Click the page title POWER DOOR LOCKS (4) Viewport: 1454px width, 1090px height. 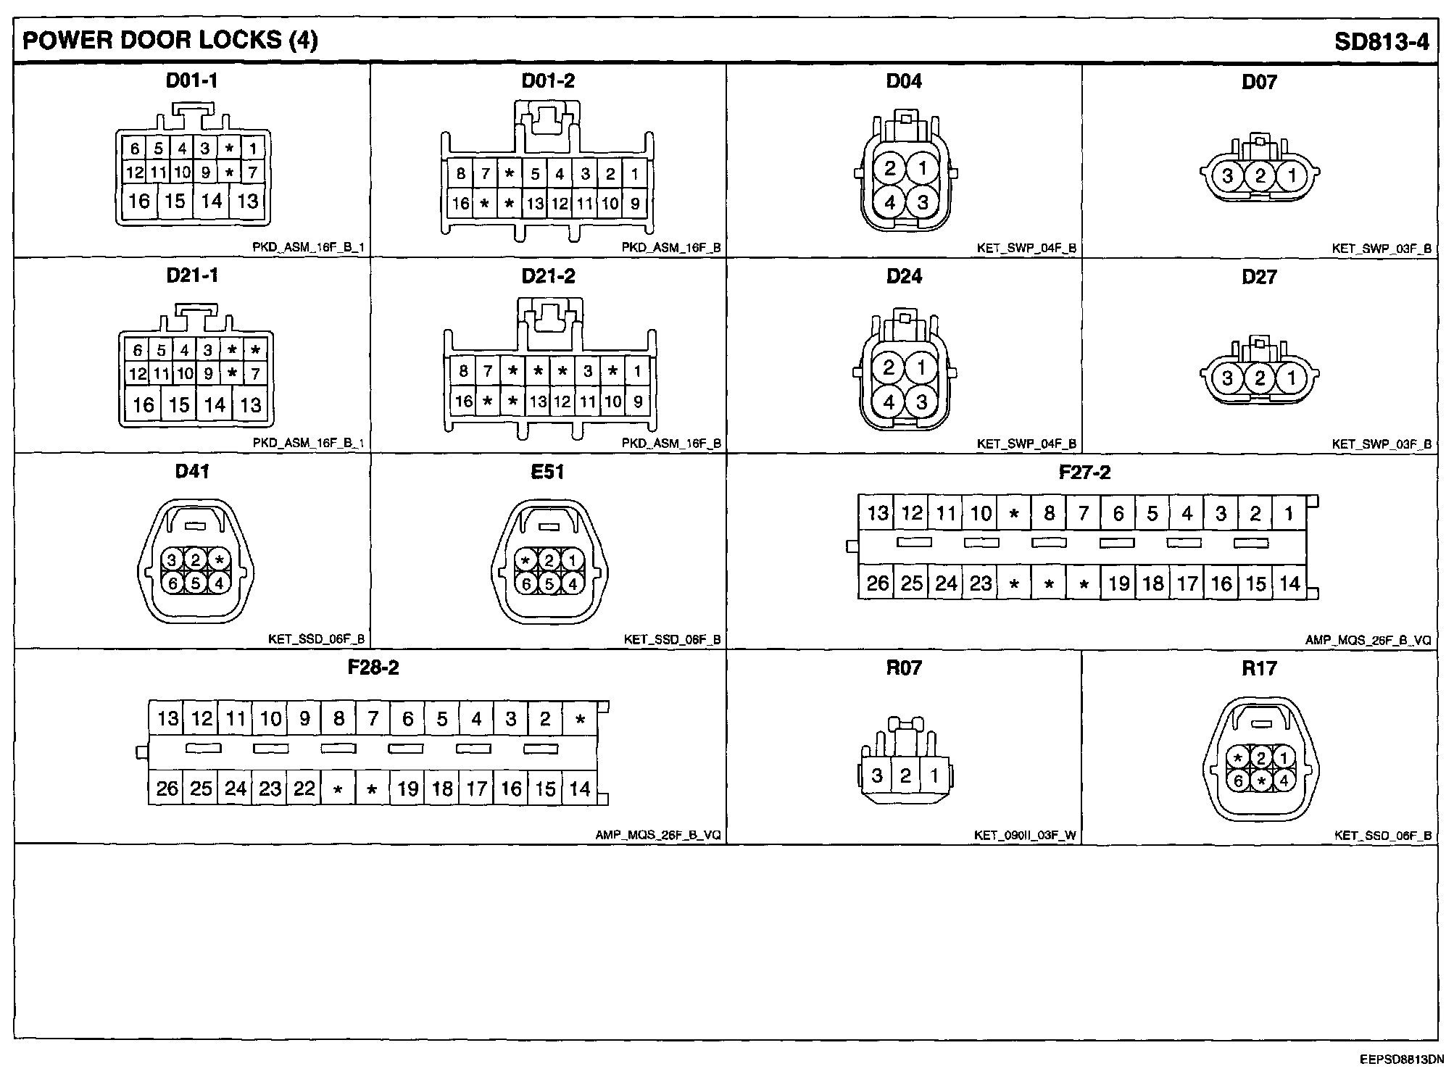170,40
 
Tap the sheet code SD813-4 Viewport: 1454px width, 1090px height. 1382,41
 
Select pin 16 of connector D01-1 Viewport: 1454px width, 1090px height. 138,201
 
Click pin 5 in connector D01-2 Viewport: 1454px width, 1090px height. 535,174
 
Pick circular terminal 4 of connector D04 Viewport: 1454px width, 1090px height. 889,202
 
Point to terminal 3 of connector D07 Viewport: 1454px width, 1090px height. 1227,175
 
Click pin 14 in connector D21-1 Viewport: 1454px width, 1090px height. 215,404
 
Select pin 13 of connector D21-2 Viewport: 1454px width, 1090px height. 538,402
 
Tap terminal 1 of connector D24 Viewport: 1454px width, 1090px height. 921,367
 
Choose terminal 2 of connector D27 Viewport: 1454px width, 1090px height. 1260,378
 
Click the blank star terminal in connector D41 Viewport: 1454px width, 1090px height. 219,559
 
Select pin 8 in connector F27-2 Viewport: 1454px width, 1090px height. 1049,514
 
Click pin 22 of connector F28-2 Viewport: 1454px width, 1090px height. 304,788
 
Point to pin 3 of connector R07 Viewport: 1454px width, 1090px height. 877,776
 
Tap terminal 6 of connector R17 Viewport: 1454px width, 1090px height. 1239,781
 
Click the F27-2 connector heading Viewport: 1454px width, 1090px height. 1084,473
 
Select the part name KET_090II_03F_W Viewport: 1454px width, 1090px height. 1025,836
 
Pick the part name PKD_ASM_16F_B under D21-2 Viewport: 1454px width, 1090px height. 671,444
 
